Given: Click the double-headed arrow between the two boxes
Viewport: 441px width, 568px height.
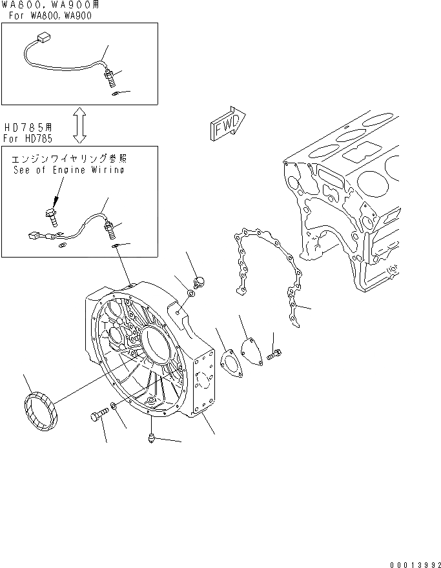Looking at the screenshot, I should [x=79, y=125].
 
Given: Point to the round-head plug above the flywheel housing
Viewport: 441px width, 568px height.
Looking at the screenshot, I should [x=200, y=281].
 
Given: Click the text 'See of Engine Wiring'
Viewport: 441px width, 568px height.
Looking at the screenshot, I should [x=68, y=170].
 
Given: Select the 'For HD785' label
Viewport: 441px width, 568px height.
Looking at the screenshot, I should [x=28, y=139].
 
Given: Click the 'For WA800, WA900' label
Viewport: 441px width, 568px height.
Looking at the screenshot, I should [x=50, y=15].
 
